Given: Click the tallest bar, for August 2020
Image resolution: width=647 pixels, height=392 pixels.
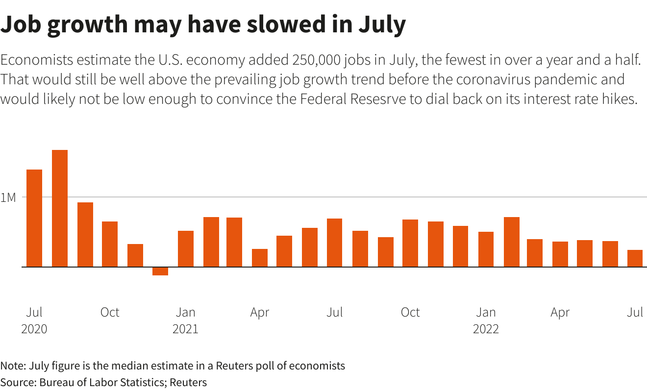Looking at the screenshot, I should point(60,208).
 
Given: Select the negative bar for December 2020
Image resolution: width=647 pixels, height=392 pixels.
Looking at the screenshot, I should point(160,271).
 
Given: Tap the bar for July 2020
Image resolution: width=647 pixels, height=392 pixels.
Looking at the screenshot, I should point(34,218).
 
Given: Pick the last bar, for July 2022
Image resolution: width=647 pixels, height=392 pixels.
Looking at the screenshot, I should point(635,259).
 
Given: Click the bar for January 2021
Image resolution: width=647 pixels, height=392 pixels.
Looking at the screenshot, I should point(186,249).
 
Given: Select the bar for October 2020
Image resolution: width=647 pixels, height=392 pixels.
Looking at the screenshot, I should point(110,244).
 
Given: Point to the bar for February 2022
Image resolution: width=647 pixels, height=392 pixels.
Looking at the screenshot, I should point(512,242).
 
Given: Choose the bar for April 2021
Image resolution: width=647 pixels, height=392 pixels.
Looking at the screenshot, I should point(260,258).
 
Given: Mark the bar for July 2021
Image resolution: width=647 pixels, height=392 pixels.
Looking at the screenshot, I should point(335,243).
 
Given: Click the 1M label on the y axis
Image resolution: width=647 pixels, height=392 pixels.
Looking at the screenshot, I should point(8,198).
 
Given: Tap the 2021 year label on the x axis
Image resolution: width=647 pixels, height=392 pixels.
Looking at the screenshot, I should point(185,329).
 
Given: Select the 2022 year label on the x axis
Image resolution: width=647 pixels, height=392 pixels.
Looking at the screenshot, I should point(486,329).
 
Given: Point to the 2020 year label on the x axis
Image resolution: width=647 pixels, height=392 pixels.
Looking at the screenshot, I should point(34,329).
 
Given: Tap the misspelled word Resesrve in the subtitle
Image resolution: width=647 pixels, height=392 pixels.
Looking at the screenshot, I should point(380,99).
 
